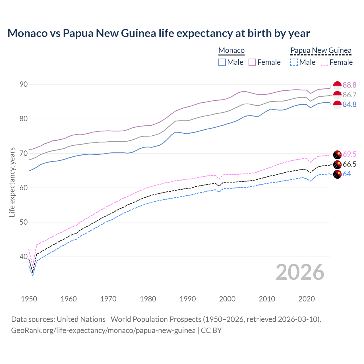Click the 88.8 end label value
click(x=349, y=85)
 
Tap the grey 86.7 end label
click(x=349, y=95)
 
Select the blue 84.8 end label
click(x=349, y=104)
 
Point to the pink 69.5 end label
click(x=349, y=154)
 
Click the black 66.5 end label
click(x=349, y=164)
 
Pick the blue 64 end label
click(x=347, y=174)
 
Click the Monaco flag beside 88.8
click(x=337, y=85)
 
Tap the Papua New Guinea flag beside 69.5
click(x=337, y=155)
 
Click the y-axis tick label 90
click(x=24, y=84)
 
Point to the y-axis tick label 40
click(x=24, y=257)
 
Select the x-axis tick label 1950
click(x=29, y=299)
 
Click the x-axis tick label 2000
click(x=227, y=299)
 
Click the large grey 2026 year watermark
click(x=300, y=272)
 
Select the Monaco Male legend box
click(x=222, y=62)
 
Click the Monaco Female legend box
click(x=252, y=62)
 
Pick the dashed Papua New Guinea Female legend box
click(x=324, y=62)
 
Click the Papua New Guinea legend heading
click(x=321, y=50)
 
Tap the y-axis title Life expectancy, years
click(x=12, y=182)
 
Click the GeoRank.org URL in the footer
click(x=103, y=330)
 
